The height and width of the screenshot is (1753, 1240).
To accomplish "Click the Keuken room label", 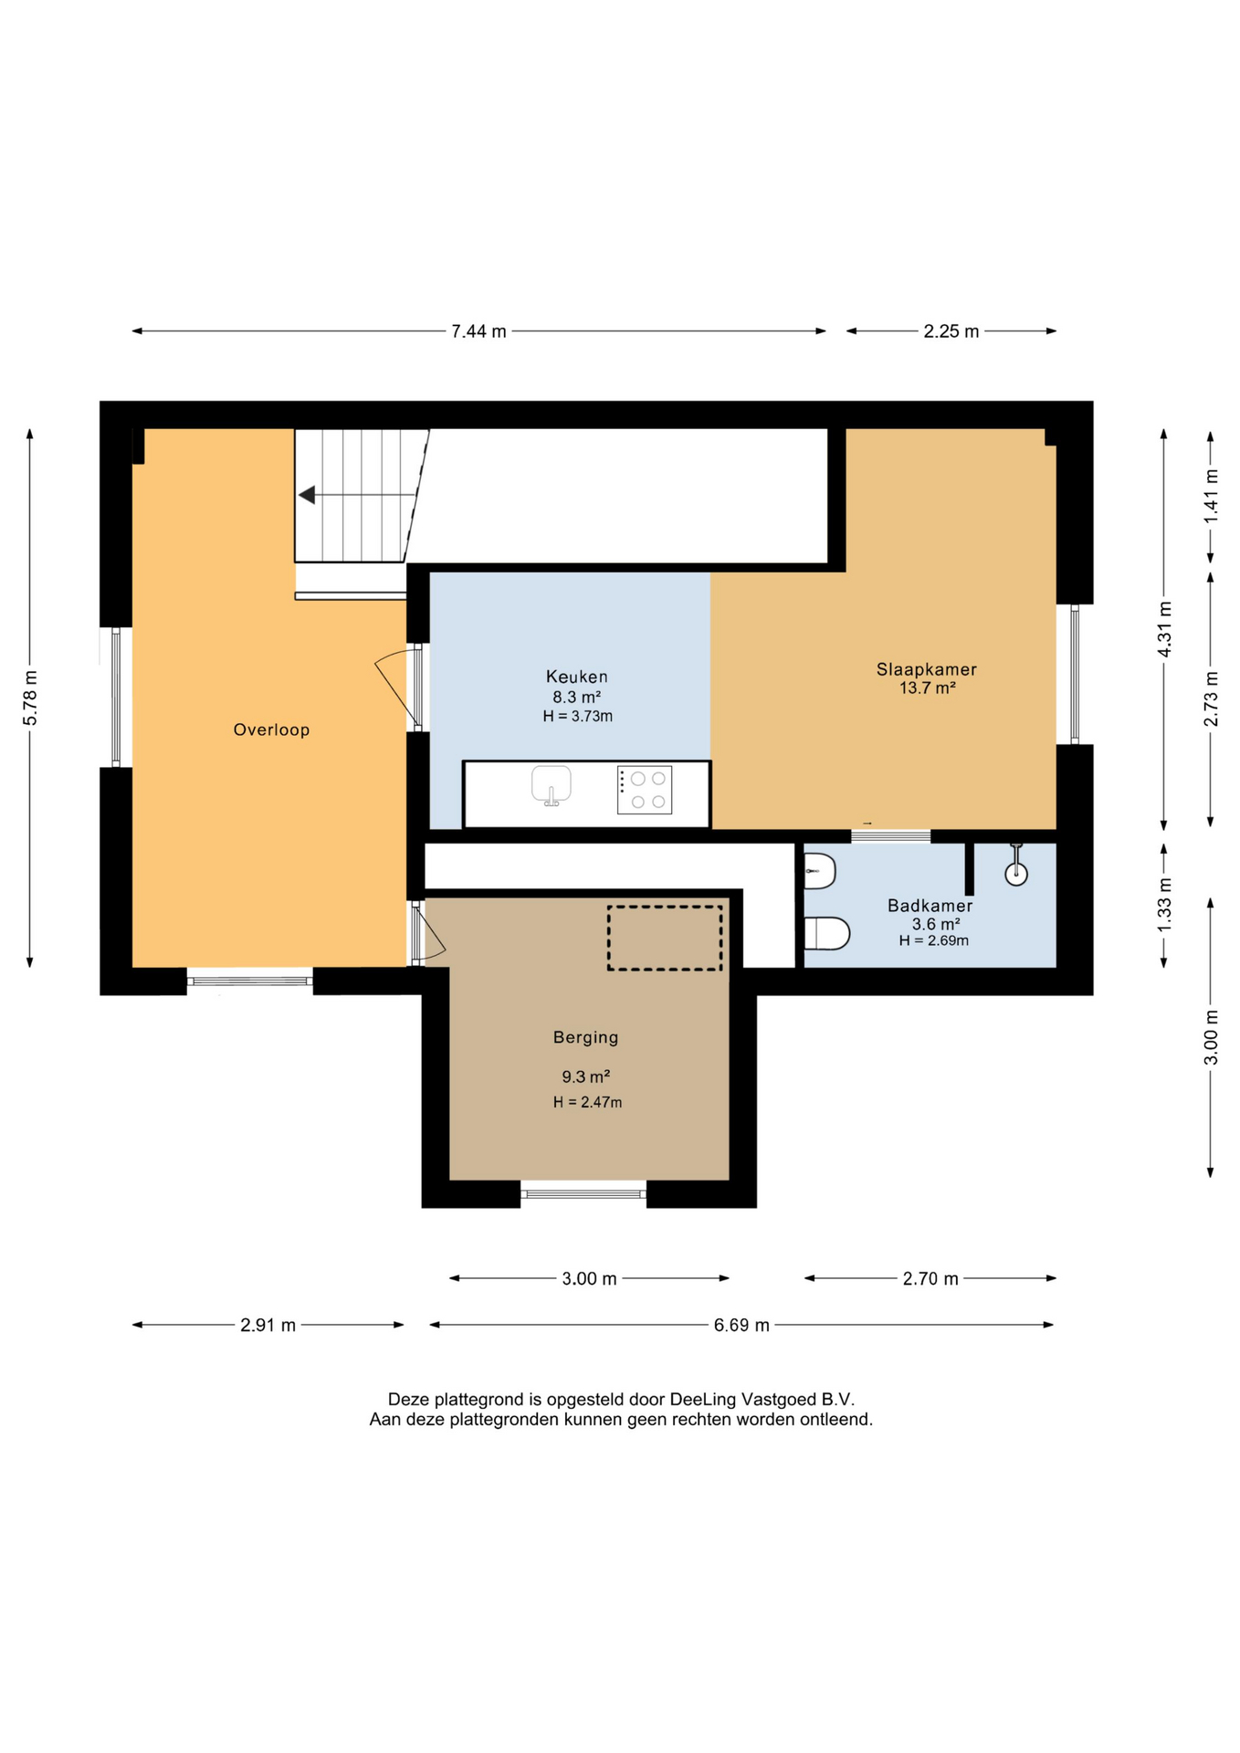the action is tap(576, 677).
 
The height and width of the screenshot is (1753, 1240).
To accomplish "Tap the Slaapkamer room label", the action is tap(926, 669).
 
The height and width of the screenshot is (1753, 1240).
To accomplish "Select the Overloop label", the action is tap(271, 730).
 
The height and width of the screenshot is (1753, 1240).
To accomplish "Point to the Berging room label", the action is tap(585, 1037).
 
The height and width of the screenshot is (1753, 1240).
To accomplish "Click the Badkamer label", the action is tap(930, 906).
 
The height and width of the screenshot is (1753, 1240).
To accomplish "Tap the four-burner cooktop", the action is tap(645, 790).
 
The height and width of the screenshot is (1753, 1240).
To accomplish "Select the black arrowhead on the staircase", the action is tap(308, 495).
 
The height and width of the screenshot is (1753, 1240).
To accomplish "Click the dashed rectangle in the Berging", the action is tap(665, 938).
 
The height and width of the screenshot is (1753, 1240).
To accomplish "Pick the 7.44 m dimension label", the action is tap(478, 331).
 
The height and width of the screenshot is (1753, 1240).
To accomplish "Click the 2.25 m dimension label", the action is tap(951, 331).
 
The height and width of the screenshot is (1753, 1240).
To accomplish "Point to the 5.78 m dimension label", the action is tap(30, 698).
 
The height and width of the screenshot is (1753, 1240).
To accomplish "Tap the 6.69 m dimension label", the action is tap(741, 1325).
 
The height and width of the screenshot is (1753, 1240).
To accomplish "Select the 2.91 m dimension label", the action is tap(268, 1325).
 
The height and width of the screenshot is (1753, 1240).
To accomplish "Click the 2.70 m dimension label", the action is tap(930, 1278).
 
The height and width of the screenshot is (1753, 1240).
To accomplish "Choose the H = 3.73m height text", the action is tap(577, 717).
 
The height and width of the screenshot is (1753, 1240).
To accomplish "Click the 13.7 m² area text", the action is tap(927, 688).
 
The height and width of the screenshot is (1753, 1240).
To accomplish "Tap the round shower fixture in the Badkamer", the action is tap(1016, 874).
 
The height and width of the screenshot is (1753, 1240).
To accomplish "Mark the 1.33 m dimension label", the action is tap(1164, 905).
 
